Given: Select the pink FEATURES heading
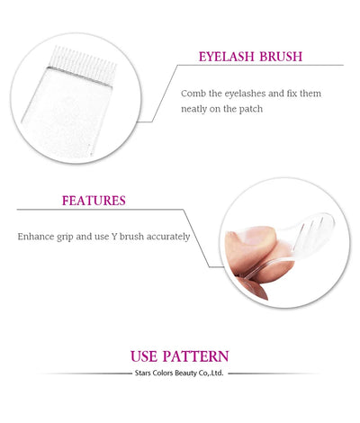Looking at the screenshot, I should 94,200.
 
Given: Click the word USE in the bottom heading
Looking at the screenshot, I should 148,355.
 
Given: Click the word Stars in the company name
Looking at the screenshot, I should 143,372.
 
